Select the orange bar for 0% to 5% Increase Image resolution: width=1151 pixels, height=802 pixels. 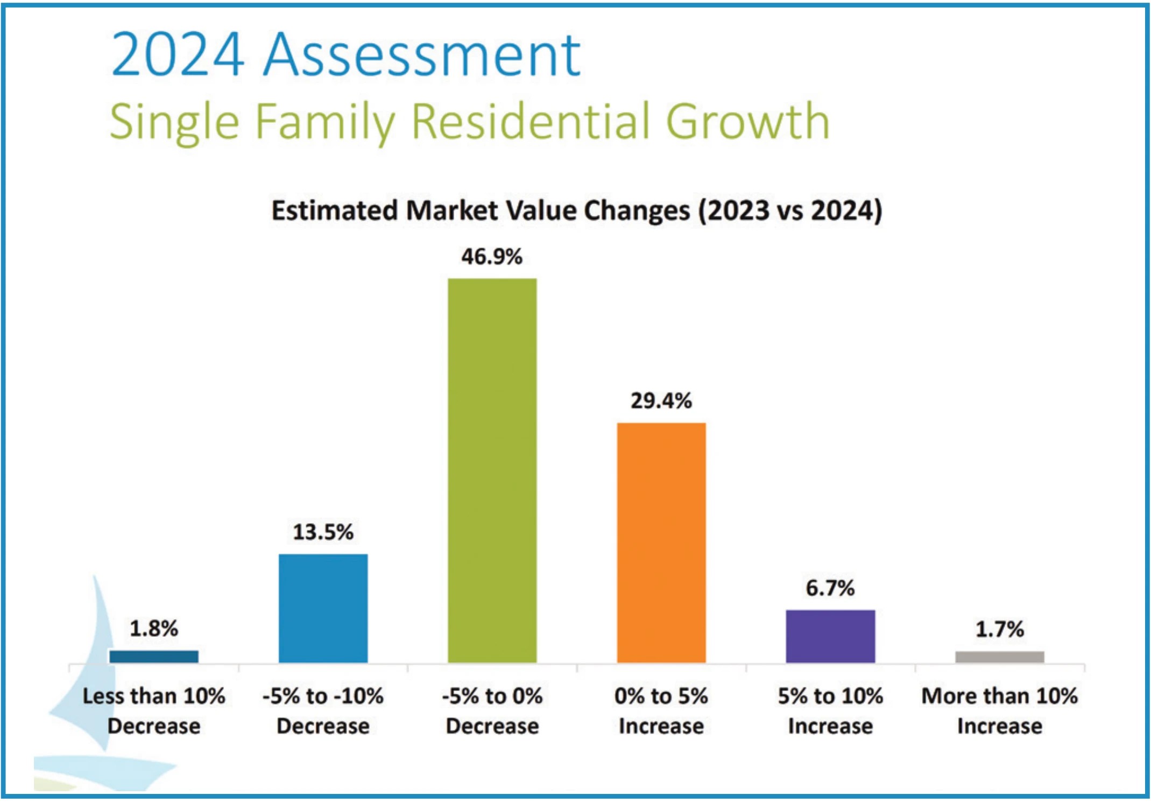click(661, 543)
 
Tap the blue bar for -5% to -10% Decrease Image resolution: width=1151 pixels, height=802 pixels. click(323, 608)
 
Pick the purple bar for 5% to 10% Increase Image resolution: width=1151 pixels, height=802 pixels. click(830, 636)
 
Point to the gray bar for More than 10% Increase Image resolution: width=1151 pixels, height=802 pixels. click(999, 657)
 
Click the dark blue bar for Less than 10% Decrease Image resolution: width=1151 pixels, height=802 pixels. click(154, 656)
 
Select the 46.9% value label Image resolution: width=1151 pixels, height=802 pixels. click(492, 257)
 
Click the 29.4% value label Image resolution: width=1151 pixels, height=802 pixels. click(661, 401)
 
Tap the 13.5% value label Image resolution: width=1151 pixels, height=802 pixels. click(323, 532)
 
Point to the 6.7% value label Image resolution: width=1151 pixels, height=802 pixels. click(830, 588)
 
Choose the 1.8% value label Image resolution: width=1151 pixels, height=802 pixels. click(154, 629)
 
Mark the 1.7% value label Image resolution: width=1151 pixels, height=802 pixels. click(999, 629)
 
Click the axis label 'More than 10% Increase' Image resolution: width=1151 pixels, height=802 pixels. click(999, 711)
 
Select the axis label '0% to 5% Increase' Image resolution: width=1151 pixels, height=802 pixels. click(661, 711)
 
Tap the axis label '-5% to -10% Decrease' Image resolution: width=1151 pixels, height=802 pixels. click(323, 711)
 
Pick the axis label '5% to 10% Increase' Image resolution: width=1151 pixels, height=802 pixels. click(830, 711)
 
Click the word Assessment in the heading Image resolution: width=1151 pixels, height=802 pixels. click(422, 54)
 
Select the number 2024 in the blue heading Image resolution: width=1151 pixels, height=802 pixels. click(178, 54)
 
